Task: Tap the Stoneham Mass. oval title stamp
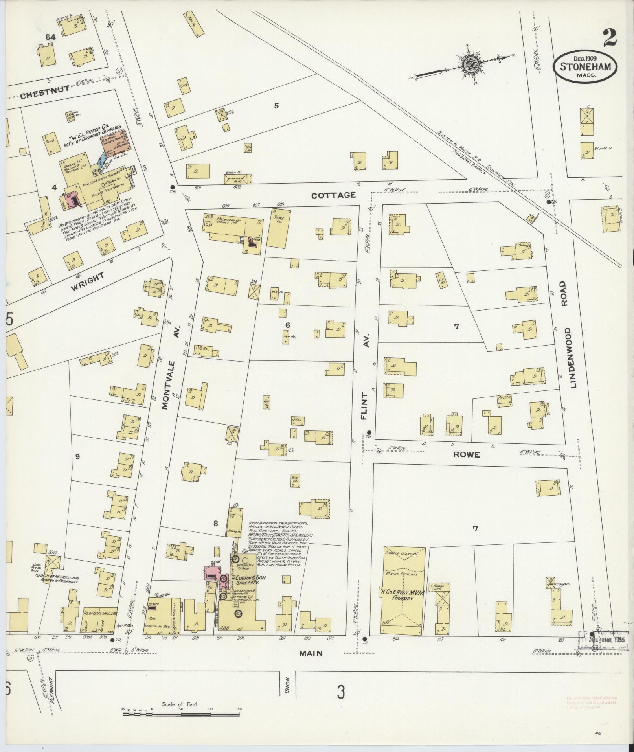pyautogui.click(x=585, y=67)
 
